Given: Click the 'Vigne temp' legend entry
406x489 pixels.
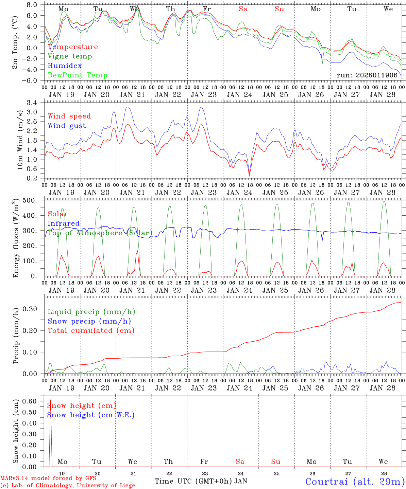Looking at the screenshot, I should [70, 56].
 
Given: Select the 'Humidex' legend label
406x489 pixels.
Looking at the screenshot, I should [65, 66].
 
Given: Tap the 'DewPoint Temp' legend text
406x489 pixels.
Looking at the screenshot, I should [78, 75].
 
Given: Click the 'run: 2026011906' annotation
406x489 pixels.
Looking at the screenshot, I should [367, 75].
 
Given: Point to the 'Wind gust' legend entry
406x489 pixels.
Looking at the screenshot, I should [67, 126].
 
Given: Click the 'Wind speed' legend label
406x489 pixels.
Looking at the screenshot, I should [69, 116].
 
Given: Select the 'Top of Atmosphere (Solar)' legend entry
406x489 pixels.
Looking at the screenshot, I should [100, 233].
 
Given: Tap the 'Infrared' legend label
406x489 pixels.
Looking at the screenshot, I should [64, 223].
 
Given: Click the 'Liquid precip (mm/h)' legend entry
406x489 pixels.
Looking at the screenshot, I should [91, 312].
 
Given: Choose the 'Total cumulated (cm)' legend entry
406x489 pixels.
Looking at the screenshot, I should [91, 331].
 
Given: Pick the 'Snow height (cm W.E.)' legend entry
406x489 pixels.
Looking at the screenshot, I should [91, 415].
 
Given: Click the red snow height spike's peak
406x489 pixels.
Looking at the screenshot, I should [51, 400].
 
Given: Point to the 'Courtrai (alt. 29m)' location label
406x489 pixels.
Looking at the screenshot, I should [355, 482].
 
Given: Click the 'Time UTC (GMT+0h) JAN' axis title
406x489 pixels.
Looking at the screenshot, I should [201, 481].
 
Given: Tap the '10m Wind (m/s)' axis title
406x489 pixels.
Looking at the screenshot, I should [20, 140].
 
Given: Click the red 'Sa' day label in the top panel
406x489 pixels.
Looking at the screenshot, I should [243, 9].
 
